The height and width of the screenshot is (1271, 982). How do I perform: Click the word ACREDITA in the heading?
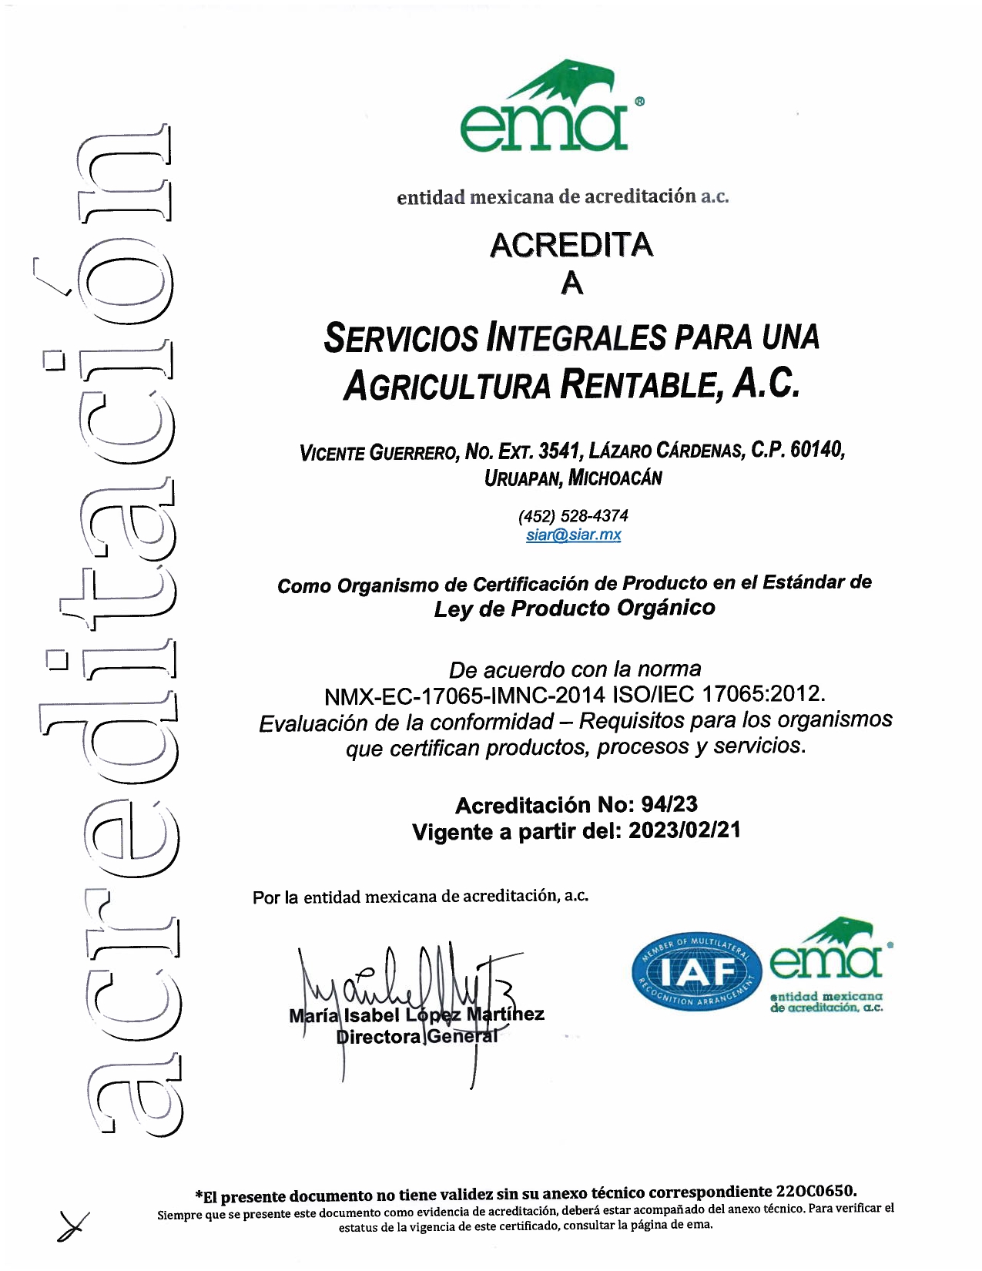coord(571,245)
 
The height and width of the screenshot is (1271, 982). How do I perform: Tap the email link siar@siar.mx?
coord(573,535)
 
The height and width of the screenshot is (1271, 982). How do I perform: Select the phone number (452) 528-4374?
coord(573,515)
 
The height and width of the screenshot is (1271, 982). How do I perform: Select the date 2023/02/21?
coord(684,831)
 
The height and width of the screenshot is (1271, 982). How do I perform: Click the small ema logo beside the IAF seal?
coord(828,967)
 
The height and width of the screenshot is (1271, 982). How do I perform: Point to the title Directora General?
coord(417,1037)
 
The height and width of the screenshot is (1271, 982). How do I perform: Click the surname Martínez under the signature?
coord(505,1014)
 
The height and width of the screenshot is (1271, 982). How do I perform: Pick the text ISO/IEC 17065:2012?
coord(718,694)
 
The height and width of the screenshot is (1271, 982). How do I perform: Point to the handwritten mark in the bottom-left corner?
coord(72,1225)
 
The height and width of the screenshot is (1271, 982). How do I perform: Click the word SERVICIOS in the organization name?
coord(401,338)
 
